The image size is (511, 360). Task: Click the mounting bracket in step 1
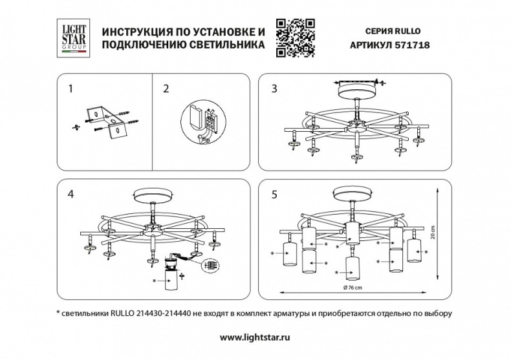click(x=106, y=121)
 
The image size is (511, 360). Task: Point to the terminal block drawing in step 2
click(x=210, y=121)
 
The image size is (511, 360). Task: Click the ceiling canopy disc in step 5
click(x=351, y=196)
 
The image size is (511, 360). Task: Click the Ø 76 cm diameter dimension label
click(x=352, y=286)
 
